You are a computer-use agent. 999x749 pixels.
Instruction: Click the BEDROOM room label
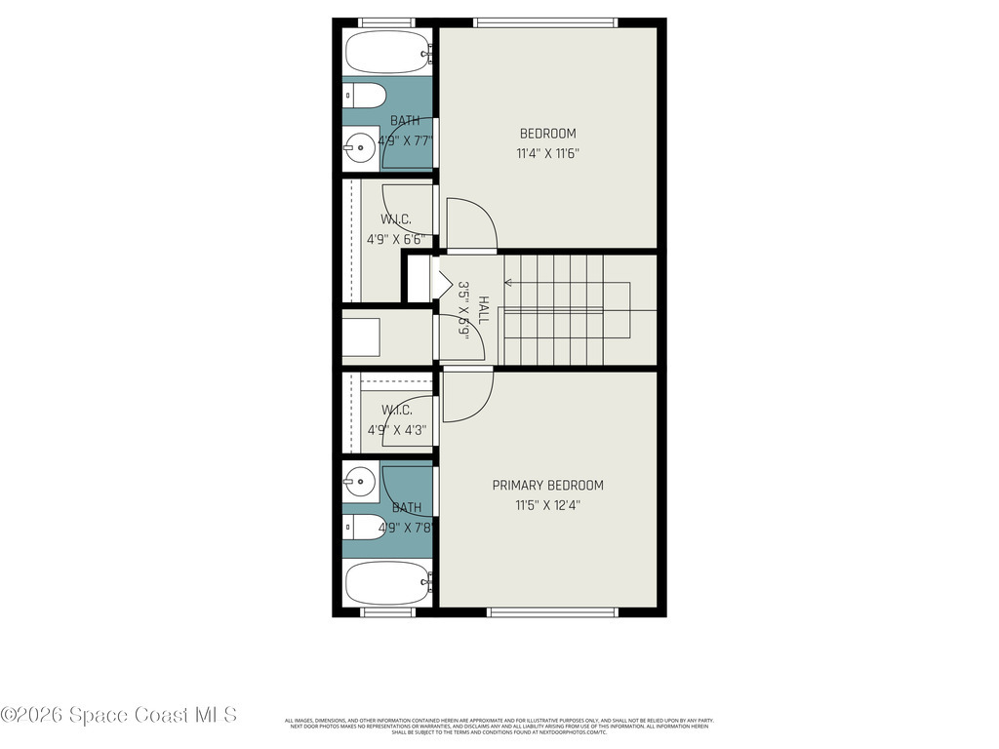point(547,134)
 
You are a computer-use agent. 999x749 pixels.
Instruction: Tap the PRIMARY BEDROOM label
point(547,485)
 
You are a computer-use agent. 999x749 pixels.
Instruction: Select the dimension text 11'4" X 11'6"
point(547,153)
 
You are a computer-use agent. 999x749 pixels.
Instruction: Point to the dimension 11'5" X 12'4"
point(547,505)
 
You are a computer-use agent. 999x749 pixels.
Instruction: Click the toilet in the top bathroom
point(362,96)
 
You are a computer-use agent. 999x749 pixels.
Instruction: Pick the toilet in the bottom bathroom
point(362,528)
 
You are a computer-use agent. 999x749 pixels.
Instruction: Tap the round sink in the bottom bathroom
point(358,480)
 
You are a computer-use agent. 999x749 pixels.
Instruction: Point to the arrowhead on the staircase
point(508,283)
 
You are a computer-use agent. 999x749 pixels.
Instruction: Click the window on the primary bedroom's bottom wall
point(552,612)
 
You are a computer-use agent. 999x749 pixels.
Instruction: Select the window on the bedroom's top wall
point(545,22)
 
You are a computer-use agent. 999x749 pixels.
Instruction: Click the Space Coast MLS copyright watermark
point(118,715)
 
